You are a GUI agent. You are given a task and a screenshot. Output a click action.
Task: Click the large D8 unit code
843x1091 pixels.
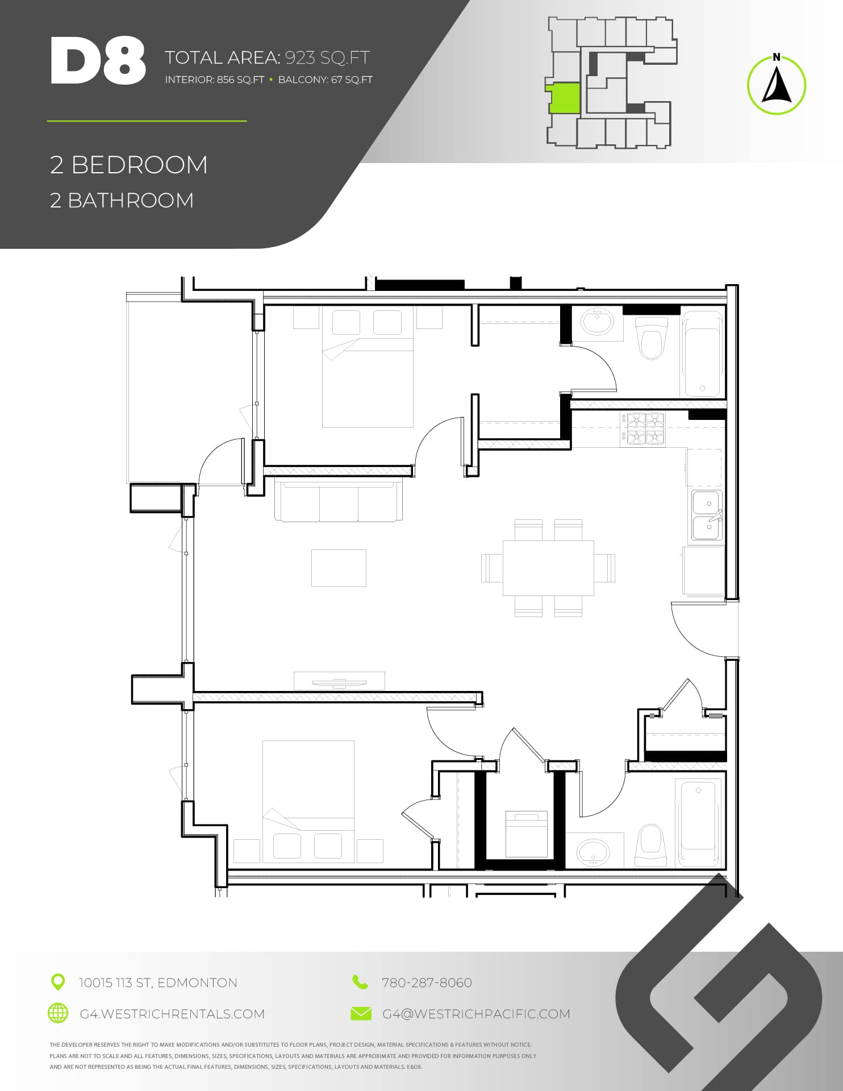coord(98,61)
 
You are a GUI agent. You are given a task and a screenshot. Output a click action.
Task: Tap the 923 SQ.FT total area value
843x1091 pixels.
coord(327,57)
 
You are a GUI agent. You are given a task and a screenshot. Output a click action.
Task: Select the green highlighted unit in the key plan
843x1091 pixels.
coord(563,98)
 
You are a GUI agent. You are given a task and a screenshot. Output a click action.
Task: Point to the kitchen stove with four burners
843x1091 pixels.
coord(642,429)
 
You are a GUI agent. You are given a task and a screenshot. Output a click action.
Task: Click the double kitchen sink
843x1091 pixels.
coord(707,515)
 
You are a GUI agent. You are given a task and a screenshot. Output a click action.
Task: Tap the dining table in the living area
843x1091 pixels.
coord(548,568)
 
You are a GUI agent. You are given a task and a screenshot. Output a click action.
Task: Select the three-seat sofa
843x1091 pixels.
coord(339,501)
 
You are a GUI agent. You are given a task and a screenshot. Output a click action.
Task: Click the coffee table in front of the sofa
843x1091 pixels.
coord(339,568)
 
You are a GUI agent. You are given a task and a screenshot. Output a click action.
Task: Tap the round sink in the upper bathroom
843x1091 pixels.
coord(597,322)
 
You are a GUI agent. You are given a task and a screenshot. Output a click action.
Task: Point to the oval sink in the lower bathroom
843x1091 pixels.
coord(593,852)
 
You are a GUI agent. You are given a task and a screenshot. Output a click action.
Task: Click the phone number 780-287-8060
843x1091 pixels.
coord(427,982)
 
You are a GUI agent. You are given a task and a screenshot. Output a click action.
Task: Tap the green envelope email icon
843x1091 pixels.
coord(361,1013)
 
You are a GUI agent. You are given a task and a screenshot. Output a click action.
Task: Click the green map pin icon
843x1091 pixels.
coord(58,981)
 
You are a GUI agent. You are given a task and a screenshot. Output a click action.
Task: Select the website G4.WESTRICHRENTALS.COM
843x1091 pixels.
coord(172,1014)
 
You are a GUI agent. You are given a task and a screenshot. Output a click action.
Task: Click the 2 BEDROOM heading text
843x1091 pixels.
coord(129,165)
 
